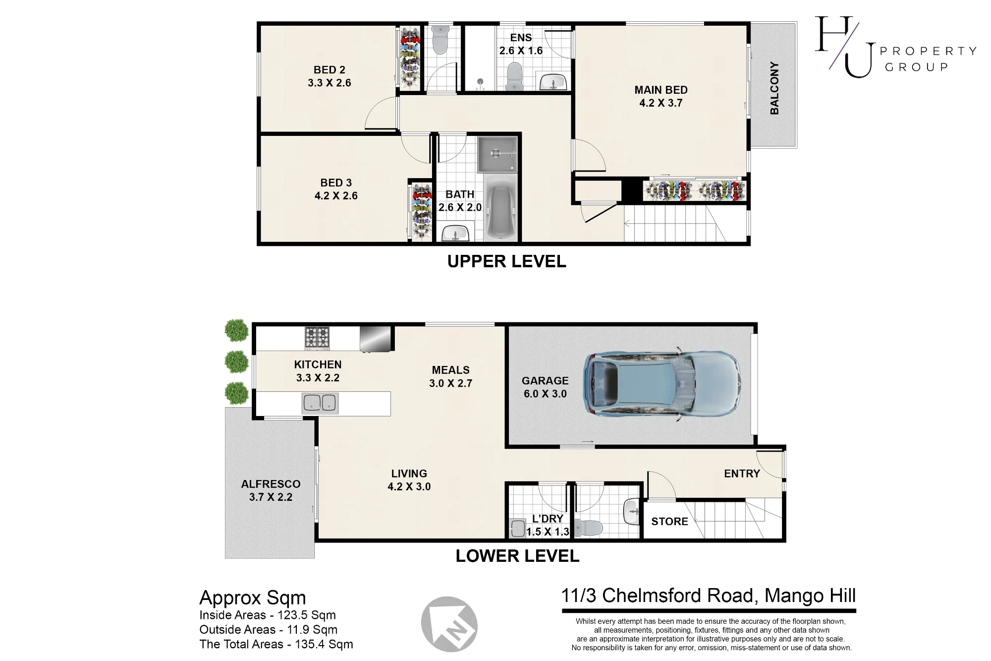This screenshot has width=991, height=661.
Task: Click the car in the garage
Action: coord(662,384)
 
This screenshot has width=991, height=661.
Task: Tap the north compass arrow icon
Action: coord(449,624)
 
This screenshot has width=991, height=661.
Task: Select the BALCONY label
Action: coord(774,88)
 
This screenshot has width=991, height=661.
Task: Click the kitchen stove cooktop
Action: coord(317,338)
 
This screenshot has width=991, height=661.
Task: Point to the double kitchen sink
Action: coord(320,403)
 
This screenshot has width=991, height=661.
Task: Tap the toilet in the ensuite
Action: coord(515,76)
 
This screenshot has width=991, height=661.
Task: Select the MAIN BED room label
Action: coord(661,96)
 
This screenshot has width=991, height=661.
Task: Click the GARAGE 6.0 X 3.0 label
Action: coord(545,387)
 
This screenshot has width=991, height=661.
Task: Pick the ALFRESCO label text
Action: coord(271,484)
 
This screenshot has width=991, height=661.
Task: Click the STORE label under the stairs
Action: coord(669,521)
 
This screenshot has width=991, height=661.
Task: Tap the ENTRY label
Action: coord(742,474)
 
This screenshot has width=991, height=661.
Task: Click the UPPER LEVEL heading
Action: coord(506,261)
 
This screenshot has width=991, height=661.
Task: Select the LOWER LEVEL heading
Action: coord(517,556)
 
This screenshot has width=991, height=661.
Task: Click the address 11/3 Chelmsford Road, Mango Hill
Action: coord(709,595)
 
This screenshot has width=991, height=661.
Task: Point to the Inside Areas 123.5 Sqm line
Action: coord(268,615)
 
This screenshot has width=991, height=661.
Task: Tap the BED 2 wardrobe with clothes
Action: coord(410,59)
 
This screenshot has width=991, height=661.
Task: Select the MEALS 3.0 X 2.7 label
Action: coord(450,376)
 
